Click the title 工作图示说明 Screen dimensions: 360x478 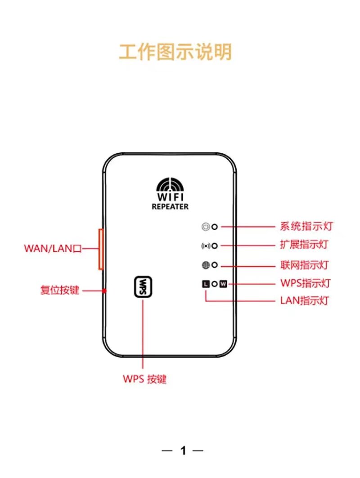coord(175,52)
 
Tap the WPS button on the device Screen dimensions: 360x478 coord(143,287)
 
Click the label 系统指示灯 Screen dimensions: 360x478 coord(306,227)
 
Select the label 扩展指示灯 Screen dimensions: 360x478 coord(304,245)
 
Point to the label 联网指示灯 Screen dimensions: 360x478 coord(304,265)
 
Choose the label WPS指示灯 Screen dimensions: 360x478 coord(306,283)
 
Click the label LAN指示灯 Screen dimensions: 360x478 coord(304,300)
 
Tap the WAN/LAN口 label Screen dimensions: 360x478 coord(53,248)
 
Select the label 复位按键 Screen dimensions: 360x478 coord(60,290)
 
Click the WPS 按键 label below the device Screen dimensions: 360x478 coord(144,379)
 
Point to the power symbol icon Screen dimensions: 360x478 coord(206,227)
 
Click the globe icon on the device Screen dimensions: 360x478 coord(206,265)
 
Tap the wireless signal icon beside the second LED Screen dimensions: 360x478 coord(206,246)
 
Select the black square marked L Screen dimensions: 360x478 coord(206,284)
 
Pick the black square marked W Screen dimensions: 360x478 coord(223,284)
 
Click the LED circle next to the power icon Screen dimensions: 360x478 coord(215,227)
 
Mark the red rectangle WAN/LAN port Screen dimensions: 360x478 coord(100,249)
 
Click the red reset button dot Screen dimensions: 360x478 coord(105,291)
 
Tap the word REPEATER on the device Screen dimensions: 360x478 coord(170,207)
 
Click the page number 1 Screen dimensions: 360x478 coord(183,451)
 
